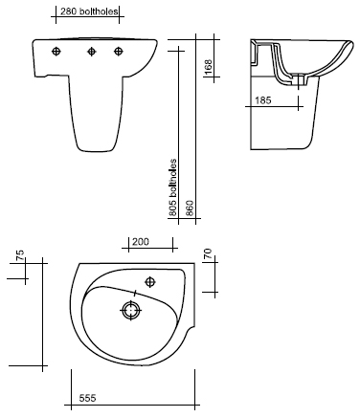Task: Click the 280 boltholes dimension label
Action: pos(89,11)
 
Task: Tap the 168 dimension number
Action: pos(208,67)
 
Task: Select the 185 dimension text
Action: pos(263,100)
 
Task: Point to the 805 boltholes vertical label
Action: pos(172,187)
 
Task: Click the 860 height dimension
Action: pos(190,208)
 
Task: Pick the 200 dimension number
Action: pos(141,242)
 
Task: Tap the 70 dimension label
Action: pos(208,254)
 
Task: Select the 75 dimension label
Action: pos(20,255)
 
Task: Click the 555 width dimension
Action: pos(87,398)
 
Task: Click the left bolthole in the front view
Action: pos(56,51)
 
